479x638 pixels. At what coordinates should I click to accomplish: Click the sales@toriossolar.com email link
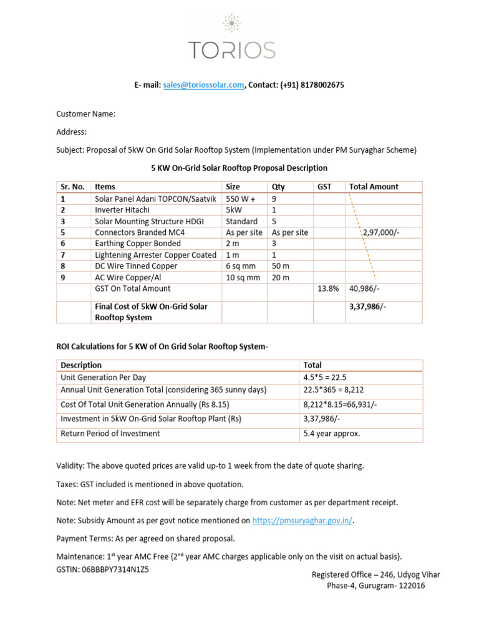pos(203,85)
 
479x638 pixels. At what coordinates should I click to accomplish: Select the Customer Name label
pos(86,114)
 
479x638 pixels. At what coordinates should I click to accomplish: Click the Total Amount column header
pos(374,186)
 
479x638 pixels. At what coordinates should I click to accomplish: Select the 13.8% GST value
pos(327,288)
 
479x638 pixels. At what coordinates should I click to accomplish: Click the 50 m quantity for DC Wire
pos(280,266)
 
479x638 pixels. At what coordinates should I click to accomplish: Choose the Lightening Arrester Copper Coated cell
pos(155,255)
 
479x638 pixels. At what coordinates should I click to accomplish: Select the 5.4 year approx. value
pos(331,433)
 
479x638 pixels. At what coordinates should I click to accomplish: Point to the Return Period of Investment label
pos(110,433)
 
